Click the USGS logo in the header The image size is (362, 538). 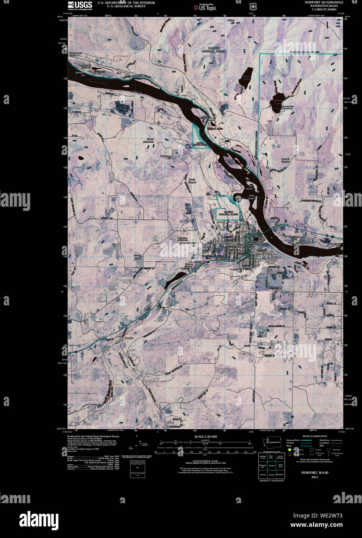[x=80, y=5]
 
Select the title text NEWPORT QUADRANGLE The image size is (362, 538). [x=324, y=2]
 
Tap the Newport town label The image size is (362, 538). [x=228, y=242]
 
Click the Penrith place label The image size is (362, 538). [x=129, y=338]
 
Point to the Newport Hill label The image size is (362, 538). [x=80, y=74]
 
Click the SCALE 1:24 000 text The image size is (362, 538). [x=205, y=437]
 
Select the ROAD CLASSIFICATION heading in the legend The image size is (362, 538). [x=314, y=436]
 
